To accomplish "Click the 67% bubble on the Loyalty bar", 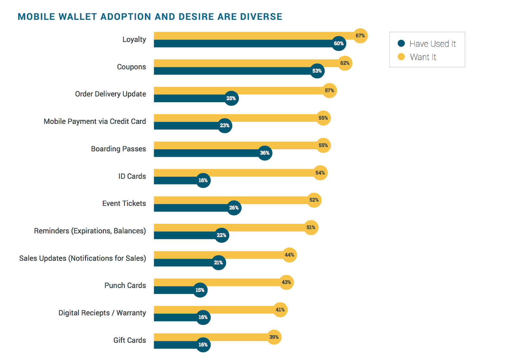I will coord(360,36).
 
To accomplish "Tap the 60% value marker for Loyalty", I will coord(339,43).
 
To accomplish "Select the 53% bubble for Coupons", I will coord(317,71).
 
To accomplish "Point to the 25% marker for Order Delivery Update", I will coord(231,98).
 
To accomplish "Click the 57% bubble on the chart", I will coord(330,91).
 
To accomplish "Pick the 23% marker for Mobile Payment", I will coord(225,126).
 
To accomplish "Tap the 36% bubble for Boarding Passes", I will coord(265,153).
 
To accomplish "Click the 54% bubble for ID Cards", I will coord(320,173).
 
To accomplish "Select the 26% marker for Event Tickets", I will coord(234,208).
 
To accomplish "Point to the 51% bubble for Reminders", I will coord(311,228).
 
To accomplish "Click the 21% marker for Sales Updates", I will coord(218,263).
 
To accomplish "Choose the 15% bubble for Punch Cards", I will coord(200,290).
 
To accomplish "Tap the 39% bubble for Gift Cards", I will coord(274,337).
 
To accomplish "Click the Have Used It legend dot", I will coord(401,43).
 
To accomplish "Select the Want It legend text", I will coord(423,57).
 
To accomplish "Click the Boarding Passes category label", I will coord(118,149).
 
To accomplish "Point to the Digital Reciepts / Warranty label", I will coord(102,313).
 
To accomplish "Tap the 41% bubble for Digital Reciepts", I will coord(280,310).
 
